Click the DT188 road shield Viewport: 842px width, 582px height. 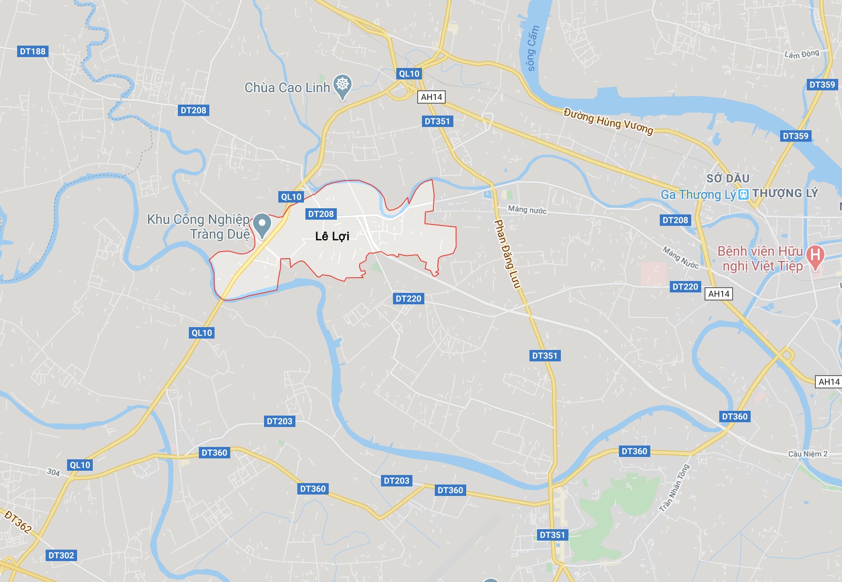click(x=33, y=51)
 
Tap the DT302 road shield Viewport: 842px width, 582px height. click(x=61, y=555)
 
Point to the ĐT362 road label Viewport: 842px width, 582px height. click(x=18, y=522)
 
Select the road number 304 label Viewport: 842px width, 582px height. click(x=53, y=472)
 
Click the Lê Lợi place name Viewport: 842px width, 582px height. click(x=332, y=236)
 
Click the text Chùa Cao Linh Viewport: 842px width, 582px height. click(x=287, y=88)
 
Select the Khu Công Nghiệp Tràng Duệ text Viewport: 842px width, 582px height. click(x=199, y=227)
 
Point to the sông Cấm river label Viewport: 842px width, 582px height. click(x=533, y=48)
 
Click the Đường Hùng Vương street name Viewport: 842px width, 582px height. click(x=608, y=121)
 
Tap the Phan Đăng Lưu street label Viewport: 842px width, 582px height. click(x=508, y=253)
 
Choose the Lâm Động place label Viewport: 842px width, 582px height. click(x=802, y=54)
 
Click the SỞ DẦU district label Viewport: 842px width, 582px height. click(x=728, y=178)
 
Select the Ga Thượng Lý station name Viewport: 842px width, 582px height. click(x=698, y=194)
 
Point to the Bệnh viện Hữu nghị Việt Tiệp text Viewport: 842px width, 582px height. click(x=761, y=258)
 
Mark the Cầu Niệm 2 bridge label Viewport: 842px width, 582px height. click(x=808, y=454)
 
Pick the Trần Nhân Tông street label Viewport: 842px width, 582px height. click(x=674, y=488)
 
